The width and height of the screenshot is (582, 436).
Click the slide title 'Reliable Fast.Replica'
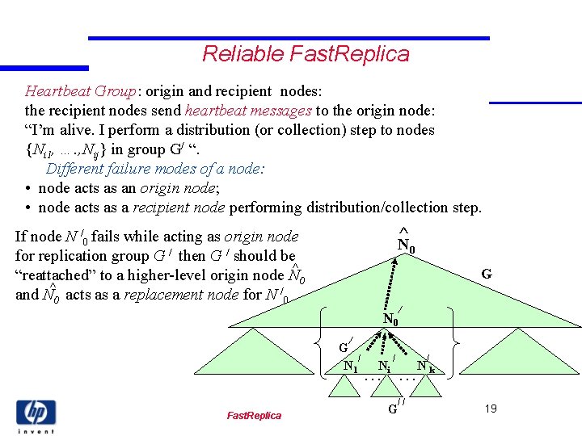pyautogui.click(x=306, y=54)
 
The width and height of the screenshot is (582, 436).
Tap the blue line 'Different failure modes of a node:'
pyautogui.click(x=155, y=169)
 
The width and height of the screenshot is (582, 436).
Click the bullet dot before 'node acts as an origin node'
pyautogui.click(x=28, y=188)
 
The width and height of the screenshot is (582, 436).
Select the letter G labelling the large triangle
pyautogui.click(x=487, y=275)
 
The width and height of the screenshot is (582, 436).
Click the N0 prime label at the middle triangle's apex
pyautogui.click(x=392, y=318)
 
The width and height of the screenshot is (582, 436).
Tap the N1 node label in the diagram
pyautogui.click(x=351, y=365)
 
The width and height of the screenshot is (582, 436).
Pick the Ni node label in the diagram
pyautogui.click(x=386, y=366)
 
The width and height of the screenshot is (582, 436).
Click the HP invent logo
pyautogui.click(x=36, y=416)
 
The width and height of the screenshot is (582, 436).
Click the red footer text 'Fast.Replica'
pyautogui.click(x=254, y=415)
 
